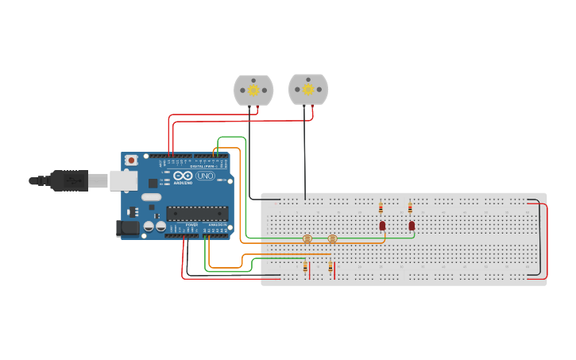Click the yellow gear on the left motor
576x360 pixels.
[x=253, y=90]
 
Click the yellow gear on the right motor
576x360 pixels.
[x=308, y=89]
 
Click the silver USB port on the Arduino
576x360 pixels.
[x=123, y=180]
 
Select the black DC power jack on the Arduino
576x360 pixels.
[x=127, y=228]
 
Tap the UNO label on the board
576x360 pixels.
[x=205, y=176]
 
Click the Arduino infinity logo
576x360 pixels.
[x=183, y=176]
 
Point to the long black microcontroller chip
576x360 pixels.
[x=197, y=213]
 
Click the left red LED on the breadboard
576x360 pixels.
[x=382, y=226]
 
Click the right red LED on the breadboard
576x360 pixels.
[x=412, y=226]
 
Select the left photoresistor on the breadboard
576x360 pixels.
[x=307, y=238]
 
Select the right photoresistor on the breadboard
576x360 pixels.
[x=332, y=238]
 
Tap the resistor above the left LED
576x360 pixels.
[x=381, y=208]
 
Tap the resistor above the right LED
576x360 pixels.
[x=410, y=208]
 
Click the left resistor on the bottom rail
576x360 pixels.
[x=305, y=268]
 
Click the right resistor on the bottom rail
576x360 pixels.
[x=331, y=268]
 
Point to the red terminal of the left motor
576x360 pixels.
[x=257, y=109]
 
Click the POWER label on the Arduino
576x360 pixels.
[x=191, y=225]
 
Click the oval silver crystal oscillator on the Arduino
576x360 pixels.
[x=152, y=196]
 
